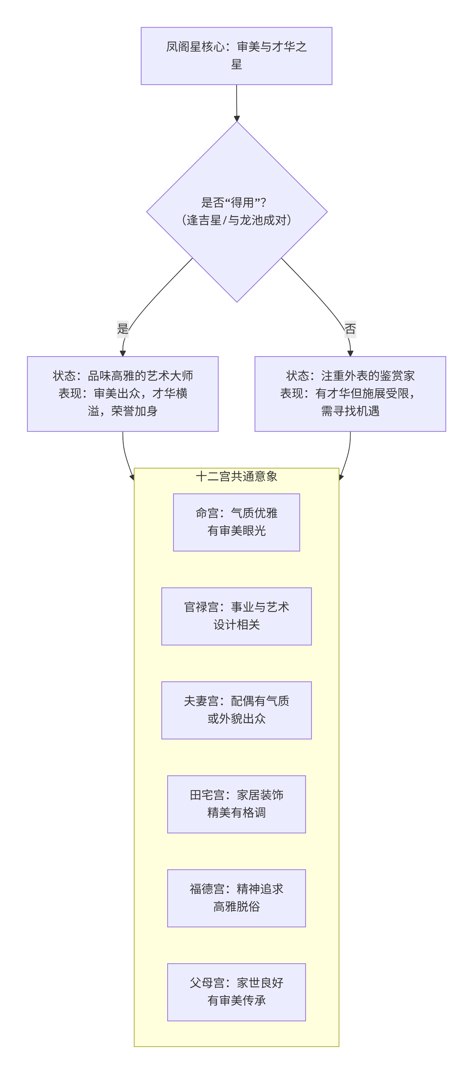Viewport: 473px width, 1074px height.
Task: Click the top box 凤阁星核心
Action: point(236,56)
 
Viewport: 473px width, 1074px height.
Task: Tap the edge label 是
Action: point(123,329)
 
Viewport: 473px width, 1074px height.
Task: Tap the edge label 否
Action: point(350,329)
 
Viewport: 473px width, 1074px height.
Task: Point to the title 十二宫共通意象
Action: point(236,476)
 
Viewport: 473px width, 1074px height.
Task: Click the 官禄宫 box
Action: point(236,616)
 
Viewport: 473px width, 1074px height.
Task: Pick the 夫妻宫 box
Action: point(236,710)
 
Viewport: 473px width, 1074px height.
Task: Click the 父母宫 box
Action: point(236,992)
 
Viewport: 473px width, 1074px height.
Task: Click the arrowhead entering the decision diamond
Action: point(237,119)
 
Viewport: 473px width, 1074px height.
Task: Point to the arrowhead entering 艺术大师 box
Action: point(123,354)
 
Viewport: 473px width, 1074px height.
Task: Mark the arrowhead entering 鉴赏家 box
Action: point(350,354)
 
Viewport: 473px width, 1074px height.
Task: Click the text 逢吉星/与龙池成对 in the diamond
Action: point(236,220)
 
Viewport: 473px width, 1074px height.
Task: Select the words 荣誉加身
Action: point(134,411)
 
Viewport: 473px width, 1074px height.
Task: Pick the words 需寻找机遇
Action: point(350,411)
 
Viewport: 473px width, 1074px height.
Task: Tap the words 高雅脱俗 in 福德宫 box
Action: point(236,906)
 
